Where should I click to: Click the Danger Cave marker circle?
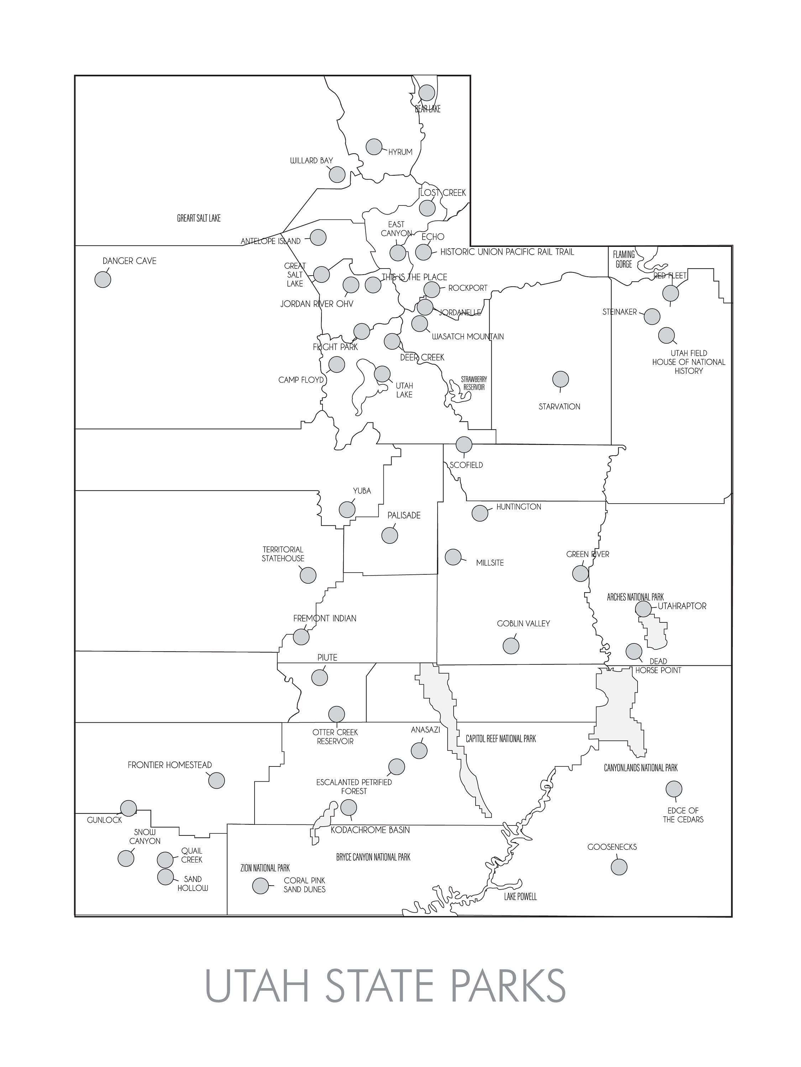pos(103,279)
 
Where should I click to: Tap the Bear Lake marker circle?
pos(427,92)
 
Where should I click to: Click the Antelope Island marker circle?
pos(318,237)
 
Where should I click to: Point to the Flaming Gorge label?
pos(624,259)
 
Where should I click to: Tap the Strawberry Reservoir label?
pos(473,383)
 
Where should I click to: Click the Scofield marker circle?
pos(464,444)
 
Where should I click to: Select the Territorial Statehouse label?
pos(283,554)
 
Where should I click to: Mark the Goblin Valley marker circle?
pos(511,646)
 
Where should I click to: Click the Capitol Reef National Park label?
pos(501,738)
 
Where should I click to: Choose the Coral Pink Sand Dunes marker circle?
pos(260,886)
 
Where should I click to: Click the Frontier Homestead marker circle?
pos(217,780)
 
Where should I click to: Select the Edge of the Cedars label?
pos(683,815)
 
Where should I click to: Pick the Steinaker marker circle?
pos(652,317)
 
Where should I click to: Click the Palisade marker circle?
pos(389,535)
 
